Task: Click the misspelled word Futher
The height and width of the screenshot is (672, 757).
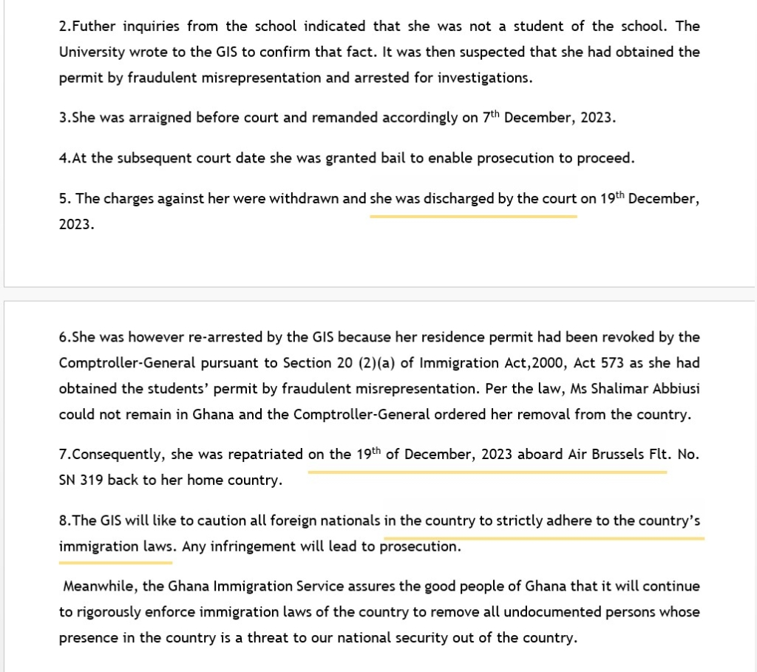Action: (96, 27)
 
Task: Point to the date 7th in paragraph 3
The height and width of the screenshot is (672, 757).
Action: (491, 118)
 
